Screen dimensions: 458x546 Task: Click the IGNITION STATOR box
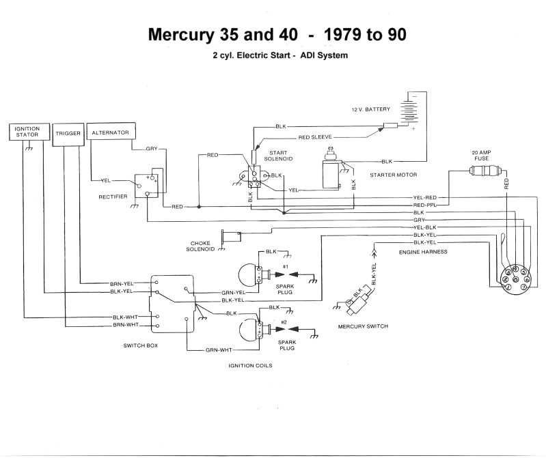27,132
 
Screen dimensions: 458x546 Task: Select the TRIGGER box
68,134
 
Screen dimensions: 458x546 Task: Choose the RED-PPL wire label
424,205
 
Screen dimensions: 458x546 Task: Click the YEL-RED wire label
424,197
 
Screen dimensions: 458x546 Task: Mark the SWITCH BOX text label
141,346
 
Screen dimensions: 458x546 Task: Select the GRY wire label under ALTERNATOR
152,148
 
